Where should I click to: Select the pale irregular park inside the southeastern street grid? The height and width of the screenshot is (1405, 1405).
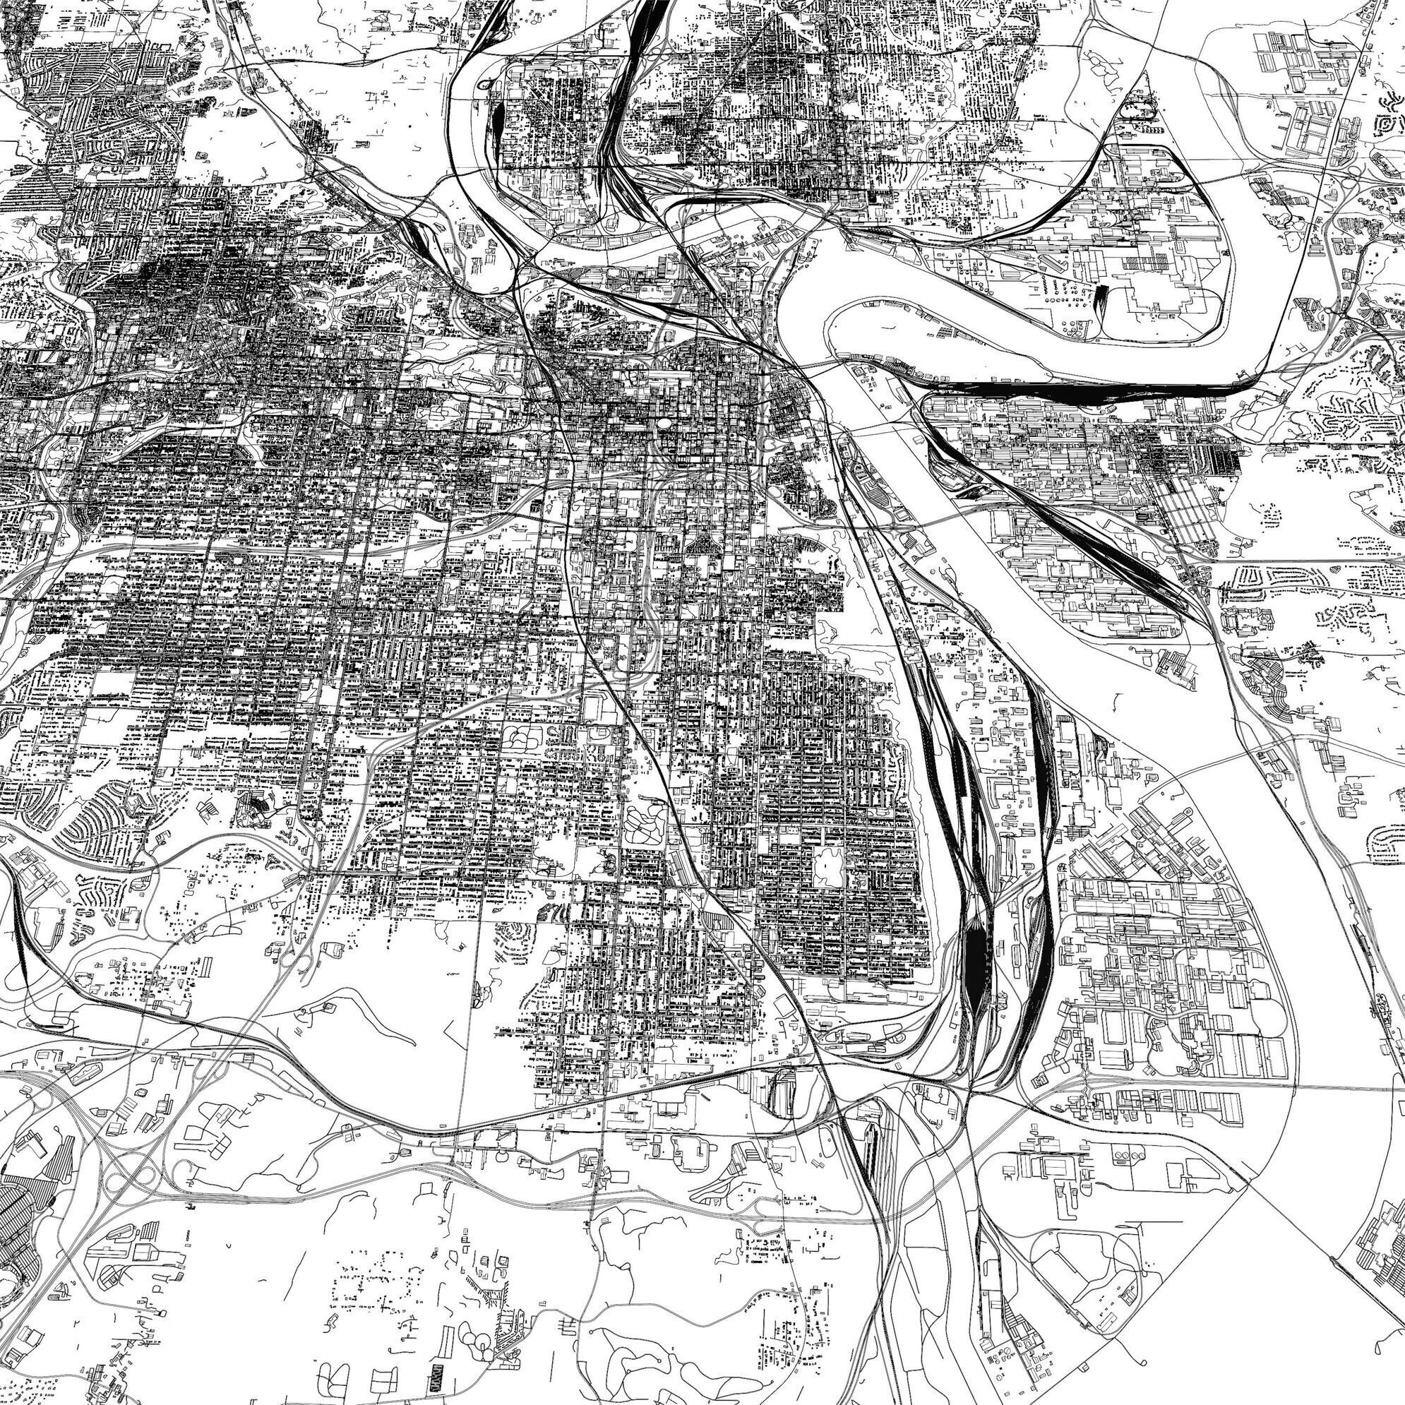pyautogui.click(x=829, y=866)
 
